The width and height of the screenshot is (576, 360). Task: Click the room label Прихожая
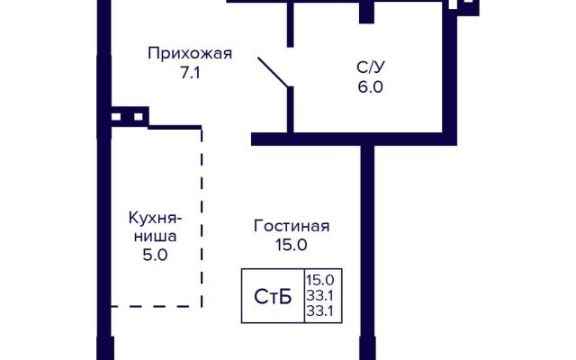coord(190,54)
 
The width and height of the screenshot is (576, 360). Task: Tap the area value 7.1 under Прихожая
coord(190,73)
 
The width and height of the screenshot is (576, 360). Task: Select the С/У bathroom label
coord(371,67)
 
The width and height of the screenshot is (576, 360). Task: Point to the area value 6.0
coord(371,87)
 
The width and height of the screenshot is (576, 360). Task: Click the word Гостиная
coord(292,226)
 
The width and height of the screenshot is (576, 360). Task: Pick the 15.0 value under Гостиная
coord(292,245)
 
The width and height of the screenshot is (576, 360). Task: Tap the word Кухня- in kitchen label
coord(156,218)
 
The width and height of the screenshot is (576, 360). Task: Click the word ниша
coord(155,236)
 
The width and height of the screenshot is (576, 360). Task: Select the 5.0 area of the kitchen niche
coord(155,255)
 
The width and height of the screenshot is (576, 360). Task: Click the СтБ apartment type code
coord(273,297)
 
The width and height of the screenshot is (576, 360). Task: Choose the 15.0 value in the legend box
coord(320,280)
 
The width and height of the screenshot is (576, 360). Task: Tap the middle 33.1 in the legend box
coord(320,296)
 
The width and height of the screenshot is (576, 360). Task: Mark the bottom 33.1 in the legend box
coord(320,311)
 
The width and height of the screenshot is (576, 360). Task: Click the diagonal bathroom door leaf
coord(273,72)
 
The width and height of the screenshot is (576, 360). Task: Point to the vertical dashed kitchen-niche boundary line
coord(202,218)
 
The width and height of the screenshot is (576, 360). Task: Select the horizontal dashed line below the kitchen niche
coord(156,306)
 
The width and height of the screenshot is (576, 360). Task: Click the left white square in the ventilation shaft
coord(116,117)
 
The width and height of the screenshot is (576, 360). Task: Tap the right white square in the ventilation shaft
coord(138,117)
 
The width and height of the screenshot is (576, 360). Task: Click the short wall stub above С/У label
coord(366,12)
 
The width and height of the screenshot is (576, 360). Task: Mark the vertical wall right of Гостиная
coord(367,252)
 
